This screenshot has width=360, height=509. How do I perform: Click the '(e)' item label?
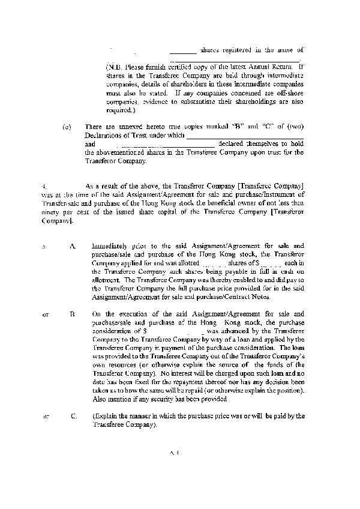tap(67, 127)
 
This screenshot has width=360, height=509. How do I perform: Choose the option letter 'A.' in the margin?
tap(73, 246)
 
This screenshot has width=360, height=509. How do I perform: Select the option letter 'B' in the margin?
tap(72, 314)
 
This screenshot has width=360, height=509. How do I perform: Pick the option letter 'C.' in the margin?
tap(73, 415)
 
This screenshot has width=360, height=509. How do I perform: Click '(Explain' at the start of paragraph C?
tap(103, 415)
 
